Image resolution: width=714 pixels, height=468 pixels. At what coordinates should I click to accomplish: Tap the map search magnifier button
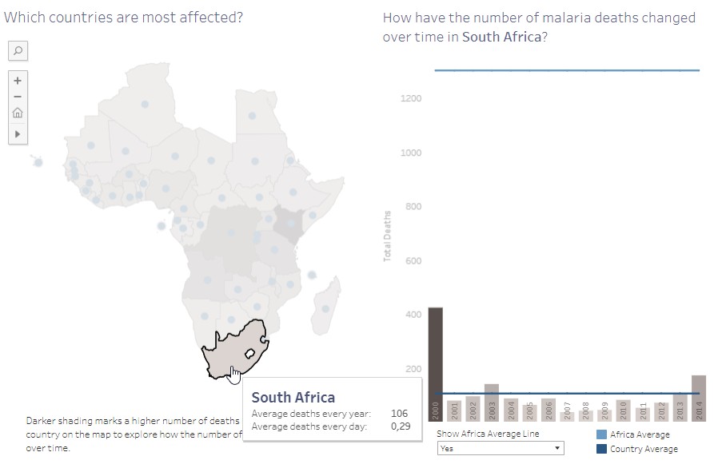pyautogui.click(x=18, y=51)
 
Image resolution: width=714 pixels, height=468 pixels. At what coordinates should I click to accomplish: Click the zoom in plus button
pyautogui.click(x=18, y=80)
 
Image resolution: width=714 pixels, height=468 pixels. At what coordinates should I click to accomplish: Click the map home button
pyautogui.click(x=18, y=113)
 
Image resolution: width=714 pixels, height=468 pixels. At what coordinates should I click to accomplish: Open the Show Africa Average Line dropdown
pyautogui.click(x=500, y=449)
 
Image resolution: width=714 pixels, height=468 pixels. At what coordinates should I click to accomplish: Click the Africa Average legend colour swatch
pyautogui.click(x=602, y=434)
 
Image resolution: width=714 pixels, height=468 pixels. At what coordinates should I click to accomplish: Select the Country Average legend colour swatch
pyautogui.click(x=602, y=449)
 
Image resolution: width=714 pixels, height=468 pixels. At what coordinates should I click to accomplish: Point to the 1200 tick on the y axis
pyautogui.click(x=410, y=98)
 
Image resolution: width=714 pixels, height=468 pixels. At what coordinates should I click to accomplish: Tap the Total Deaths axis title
pyautogui.click(x=388, y=236)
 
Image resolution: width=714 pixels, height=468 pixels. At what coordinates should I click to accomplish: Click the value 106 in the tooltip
pyautogui.click(x=399, y=414)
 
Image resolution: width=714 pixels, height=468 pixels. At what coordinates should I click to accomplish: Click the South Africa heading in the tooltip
pyautogui.click(x=293, y=397)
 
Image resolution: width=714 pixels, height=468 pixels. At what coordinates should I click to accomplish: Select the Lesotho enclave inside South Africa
pyautogui.click(x=249, y=352)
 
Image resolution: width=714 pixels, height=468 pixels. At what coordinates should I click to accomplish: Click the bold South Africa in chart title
pyautogui.click(x=501, y=37)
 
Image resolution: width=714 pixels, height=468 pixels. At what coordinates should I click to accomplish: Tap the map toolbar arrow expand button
pyautogui.click(x=18, y=134)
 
